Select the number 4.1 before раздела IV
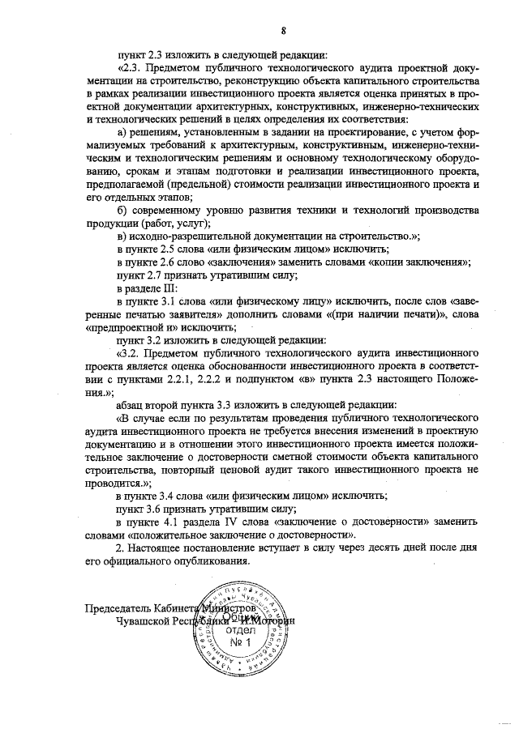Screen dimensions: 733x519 [169, 521]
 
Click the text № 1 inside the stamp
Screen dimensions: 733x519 [241, 643]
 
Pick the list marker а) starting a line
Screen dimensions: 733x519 [123, 133]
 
